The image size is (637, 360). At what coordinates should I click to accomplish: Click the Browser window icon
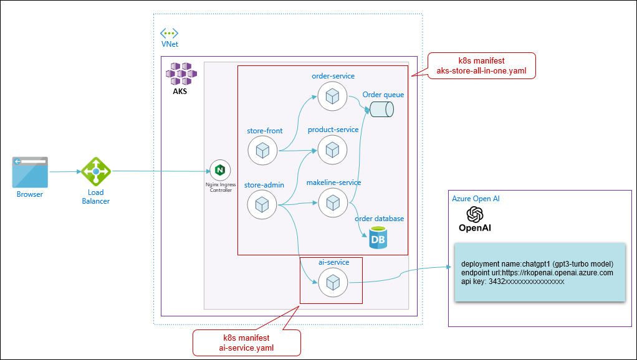click(30, 173)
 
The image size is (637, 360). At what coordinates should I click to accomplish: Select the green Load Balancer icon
click(96, 171)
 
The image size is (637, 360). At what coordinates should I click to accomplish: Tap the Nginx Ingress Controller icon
click(219, 169)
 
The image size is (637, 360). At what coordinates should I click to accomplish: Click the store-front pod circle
click(262, 150)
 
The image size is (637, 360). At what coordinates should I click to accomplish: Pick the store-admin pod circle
click(262, 204)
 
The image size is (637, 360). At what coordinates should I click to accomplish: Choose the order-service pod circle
click(333, 95)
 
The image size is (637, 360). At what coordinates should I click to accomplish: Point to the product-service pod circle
click(333, 149)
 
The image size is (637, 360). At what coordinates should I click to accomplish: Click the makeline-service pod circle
click(333, 202)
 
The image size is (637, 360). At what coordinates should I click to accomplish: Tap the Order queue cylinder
click(381, 110)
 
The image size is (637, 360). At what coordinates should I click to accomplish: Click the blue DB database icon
click(378, 237)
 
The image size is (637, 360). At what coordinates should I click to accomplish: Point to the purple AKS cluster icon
click(181, 73)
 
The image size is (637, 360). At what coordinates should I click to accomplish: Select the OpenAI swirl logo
click(476, 214)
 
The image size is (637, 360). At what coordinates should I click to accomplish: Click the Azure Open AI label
click(476, 199)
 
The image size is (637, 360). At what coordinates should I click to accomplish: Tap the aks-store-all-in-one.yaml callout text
click(481, 71)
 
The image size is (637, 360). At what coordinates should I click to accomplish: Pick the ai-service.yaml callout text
click(246, 348)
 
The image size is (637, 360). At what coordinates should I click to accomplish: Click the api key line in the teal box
click(512, 282)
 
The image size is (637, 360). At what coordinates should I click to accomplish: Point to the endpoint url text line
click(537, 273)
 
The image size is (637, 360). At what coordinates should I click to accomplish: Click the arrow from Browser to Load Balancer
click(64, 171)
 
